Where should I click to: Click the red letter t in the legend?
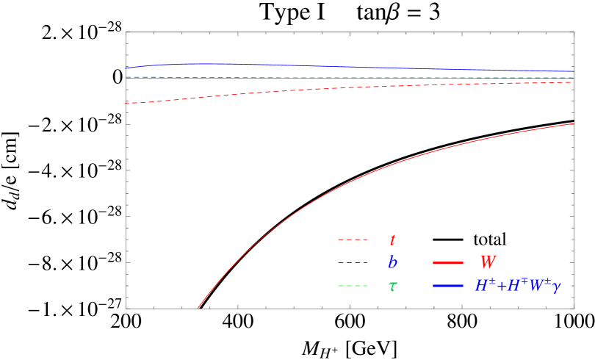point(393,240)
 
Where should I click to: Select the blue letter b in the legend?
point(393,263)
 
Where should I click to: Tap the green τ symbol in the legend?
point(393,286)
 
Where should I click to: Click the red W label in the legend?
point(488,262)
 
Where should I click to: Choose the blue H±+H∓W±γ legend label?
point(517,286)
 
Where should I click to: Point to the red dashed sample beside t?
point(353,240)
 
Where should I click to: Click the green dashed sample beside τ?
point(353,286)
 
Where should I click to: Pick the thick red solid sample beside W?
point(448,263)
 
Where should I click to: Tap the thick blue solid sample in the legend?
point(448,286)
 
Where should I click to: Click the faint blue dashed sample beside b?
point(353,263)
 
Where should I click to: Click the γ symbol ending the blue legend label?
point(556,287)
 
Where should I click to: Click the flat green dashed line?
point(367,77)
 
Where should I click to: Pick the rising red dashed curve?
point(294,90)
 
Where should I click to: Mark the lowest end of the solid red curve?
point(198,308)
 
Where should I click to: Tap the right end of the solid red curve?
point(573,123)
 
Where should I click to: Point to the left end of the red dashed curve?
point(126,103)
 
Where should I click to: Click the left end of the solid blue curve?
point(126,68)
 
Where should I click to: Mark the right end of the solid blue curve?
point(573,71)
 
